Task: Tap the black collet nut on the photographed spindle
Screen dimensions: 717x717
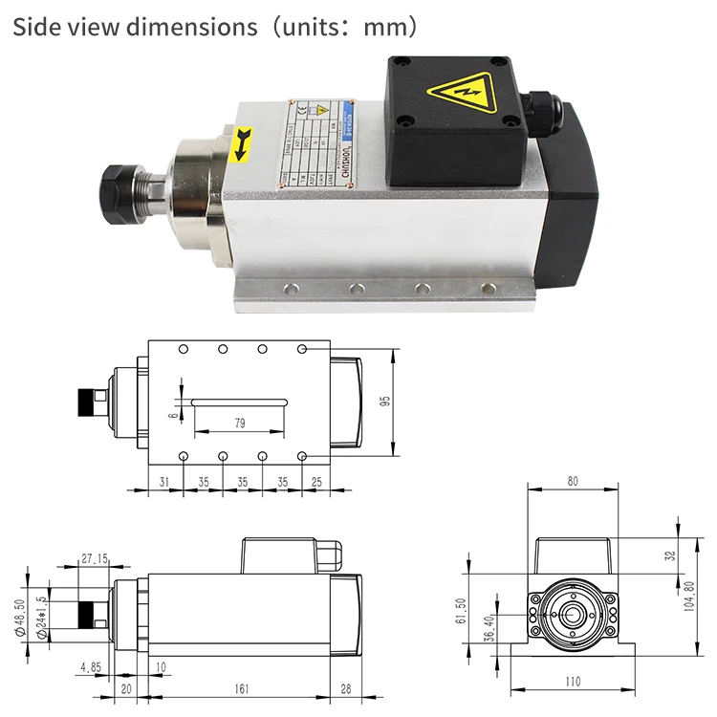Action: pos(125,181)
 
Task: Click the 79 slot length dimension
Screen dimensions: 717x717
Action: pos(238,422)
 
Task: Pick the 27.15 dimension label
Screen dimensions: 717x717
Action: pos(94,557)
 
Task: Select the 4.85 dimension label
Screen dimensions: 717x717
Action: pos(93,667)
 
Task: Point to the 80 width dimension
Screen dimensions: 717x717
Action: pos(572,482)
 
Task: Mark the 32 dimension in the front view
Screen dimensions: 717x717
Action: pos(670,554)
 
